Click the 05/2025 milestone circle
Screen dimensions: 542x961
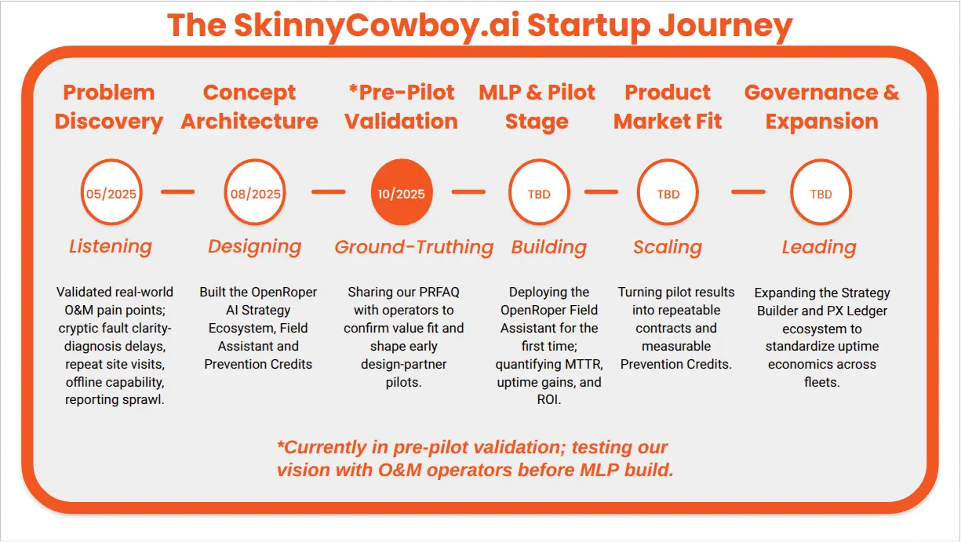pos(111,193)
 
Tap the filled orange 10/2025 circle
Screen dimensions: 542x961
pos(402,193)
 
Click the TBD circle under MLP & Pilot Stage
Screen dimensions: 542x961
pos(539,193)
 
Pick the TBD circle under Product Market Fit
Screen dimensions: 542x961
pos(668,193)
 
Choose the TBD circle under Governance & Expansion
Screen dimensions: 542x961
pos(820,193)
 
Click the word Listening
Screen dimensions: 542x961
pos(110,246)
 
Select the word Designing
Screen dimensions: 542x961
pos(254,246)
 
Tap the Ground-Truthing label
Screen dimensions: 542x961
pos(413,247)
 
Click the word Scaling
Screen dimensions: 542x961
pos(668,247)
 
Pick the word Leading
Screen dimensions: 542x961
pos(818,247)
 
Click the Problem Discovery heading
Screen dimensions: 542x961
pos(109,107)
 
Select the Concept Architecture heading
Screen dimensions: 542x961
pos(249,107)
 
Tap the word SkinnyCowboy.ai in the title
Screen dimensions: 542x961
pos(376,25)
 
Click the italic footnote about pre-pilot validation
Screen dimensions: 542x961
pos(475,459)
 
